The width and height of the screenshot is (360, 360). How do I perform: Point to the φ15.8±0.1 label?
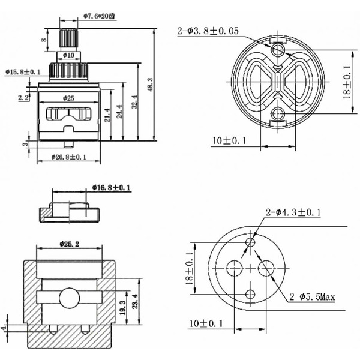click(23, 72)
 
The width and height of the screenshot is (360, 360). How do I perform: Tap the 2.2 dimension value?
click(23, 97)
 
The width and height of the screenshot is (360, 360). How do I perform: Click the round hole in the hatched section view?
click(68, 297)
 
